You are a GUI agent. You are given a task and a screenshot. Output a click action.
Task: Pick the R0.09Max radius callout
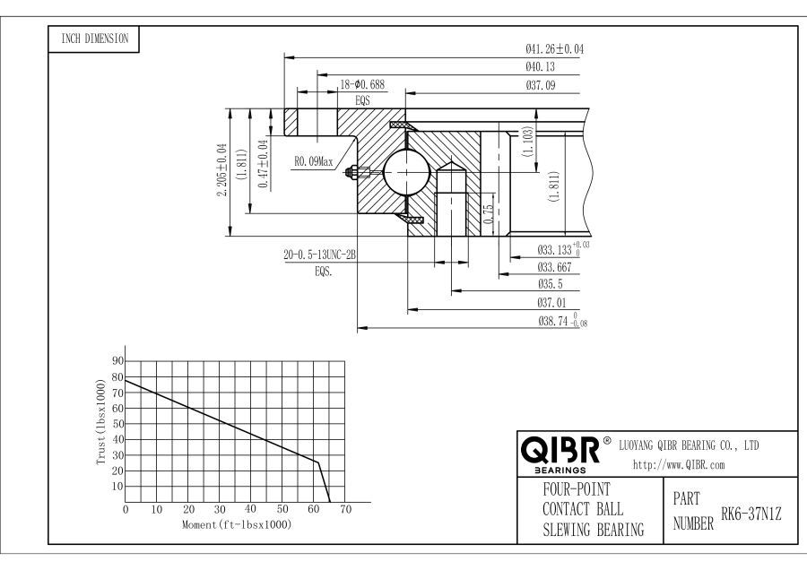tap(313, 162)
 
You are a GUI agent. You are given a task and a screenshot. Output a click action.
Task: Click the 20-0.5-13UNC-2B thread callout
tap(320, 255)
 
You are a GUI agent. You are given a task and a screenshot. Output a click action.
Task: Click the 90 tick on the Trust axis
tap(117, 360)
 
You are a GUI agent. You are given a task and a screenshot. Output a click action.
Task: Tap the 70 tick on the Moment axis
tap(345, 509)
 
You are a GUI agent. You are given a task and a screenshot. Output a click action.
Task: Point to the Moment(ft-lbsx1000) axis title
tap(236, 523)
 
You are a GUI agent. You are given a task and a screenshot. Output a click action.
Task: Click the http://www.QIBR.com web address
tap(679, 464)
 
